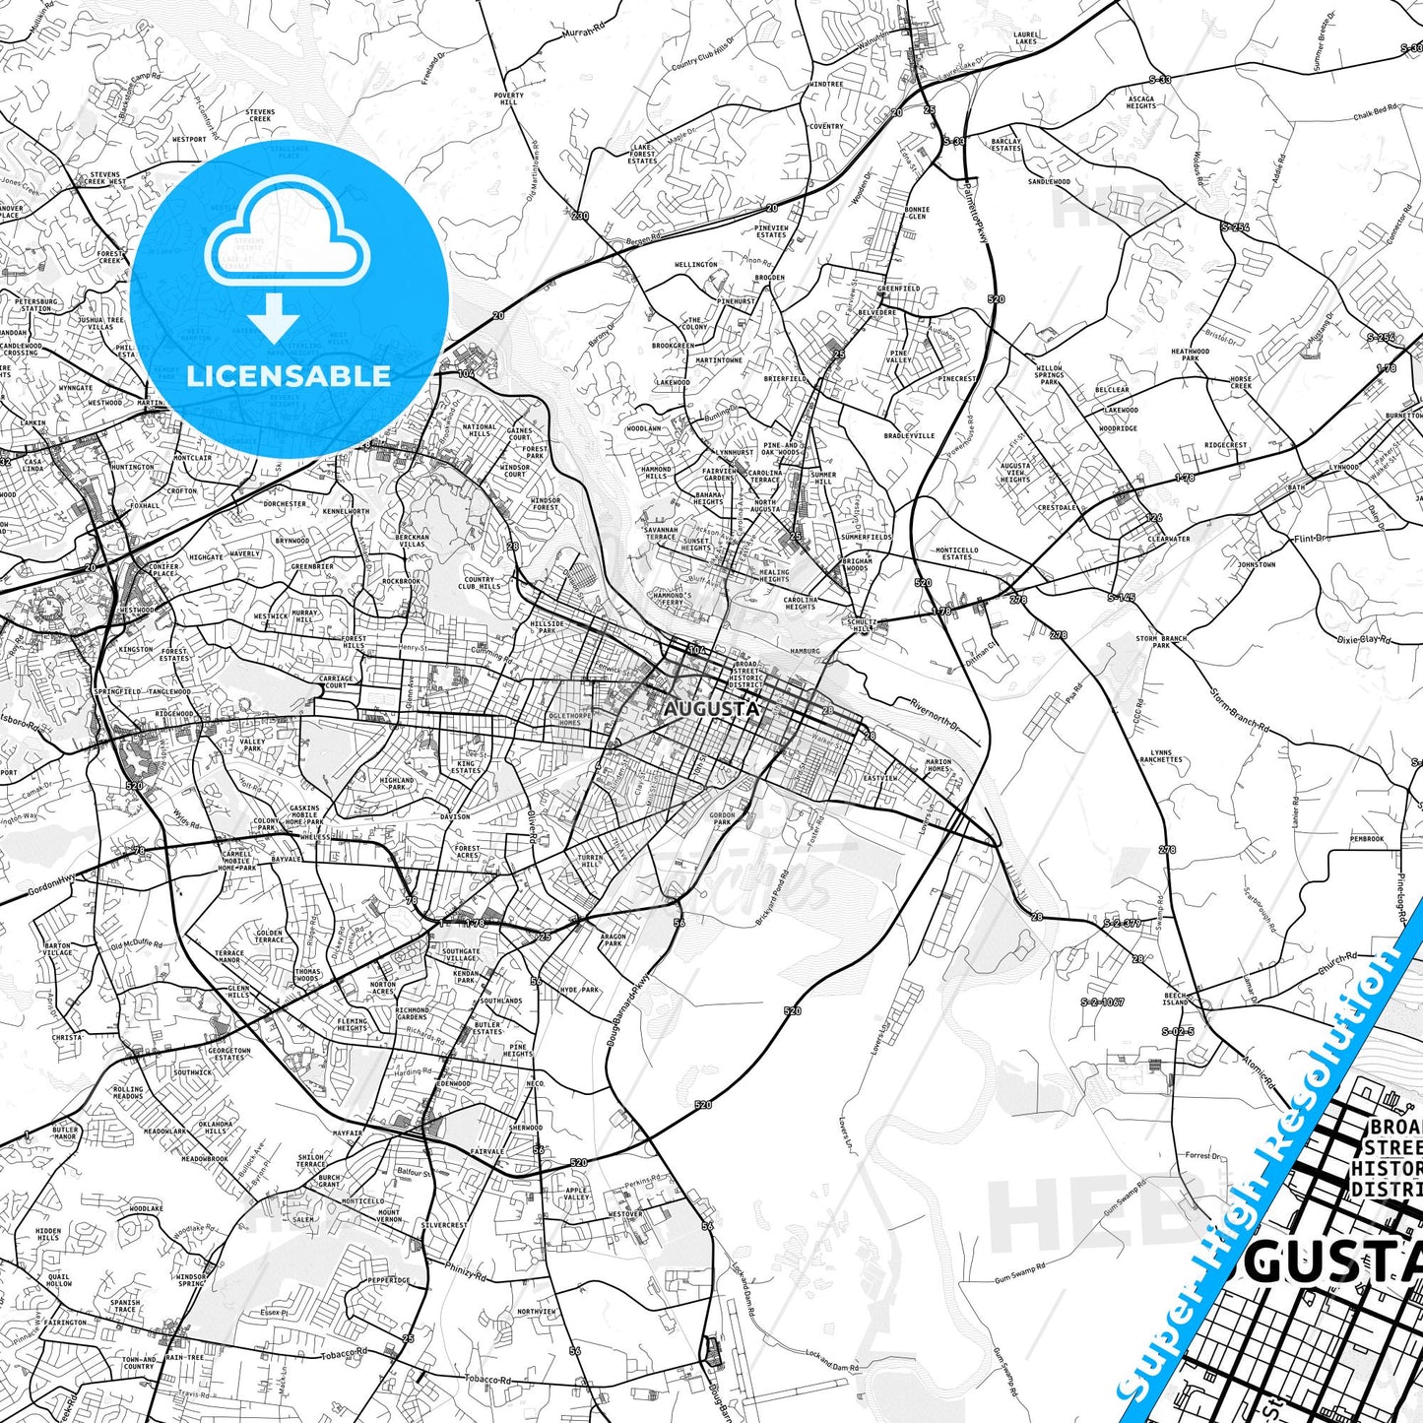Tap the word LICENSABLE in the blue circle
(289, 375)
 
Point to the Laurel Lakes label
(1025, 37)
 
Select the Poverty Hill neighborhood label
(509, 98)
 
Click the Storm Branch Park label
(1161, 642)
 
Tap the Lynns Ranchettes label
(1160, 756)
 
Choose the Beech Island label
(1176, 999)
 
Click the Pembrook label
(1367, 839)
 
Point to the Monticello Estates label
(956, 553)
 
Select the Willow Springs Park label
(1050, 375)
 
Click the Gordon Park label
(723, 818)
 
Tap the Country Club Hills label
(480, 583)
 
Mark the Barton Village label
(57, 949)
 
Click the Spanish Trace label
(125, 1306)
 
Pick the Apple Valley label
(576, 1194)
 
